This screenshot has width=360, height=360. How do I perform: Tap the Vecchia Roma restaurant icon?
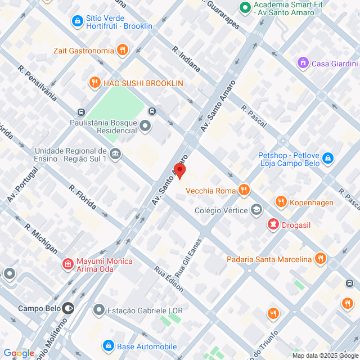click(x=243, y=190)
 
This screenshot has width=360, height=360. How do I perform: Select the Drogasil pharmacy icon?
click(x=273, y=225)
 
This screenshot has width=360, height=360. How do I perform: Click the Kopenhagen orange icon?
click(x=280, y=202)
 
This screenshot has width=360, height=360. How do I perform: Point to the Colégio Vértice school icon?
click(x=256, y=210)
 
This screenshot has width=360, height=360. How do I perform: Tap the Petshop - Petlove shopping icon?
click(x=328, y=159)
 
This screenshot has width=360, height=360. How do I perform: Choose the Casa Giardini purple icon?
click(x=303, y=63)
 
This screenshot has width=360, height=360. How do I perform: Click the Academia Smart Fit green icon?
click(x=245, y=8)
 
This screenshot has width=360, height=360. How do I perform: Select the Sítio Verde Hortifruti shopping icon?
click(x=77, y=21)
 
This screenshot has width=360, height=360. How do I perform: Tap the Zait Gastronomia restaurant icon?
click(x=123, y=50)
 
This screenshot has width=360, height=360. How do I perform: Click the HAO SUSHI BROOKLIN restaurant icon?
click(x=94, y=83)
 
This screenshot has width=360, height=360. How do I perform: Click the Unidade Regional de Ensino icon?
click(x=115, y=154)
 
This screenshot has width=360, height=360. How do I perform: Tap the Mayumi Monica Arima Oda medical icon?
click(x=67, y=263)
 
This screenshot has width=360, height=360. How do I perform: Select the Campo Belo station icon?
click(x=68, y=308)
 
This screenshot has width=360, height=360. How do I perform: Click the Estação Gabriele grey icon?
click(x=99, y=310)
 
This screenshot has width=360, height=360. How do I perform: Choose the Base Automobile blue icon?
click(x=108, y=345)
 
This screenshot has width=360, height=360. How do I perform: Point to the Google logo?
click(x=19, y=353)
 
